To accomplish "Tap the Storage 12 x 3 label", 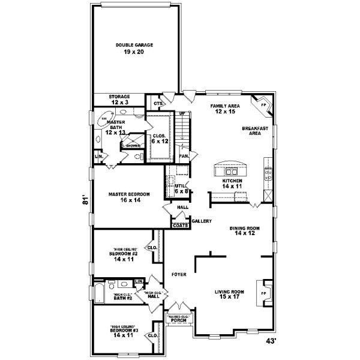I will (119, 100).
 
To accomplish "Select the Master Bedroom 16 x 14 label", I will (129, 197).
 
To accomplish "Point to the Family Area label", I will (225, 109).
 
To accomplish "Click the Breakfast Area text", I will (255, 131).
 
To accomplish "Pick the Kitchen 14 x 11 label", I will (232, 184).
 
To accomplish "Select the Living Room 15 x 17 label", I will (232, 295).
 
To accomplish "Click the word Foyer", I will (179, 274).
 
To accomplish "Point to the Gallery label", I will (202, 221).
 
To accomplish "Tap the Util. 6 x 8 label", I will (181, 189).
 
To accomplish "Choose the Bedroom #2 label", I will (124, 256).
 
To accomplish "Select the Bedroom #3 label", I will (124, 332).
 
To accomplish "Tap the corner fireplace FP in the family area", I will (261, 104).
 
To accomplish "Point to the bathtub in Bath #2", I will (99, 293).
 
